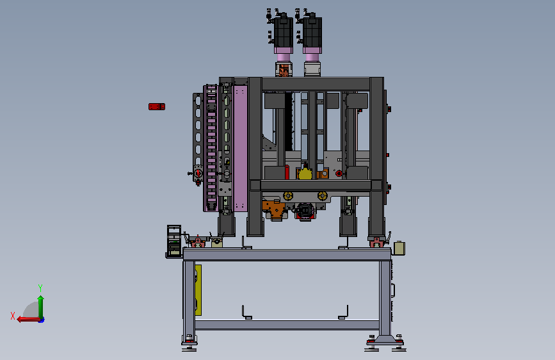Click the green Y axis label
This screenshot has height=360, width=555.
[x=40, y=288]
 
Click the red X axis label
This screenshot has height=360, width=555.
[x=13, y=316]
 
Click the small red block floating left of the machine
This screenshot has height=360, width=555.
[x=157, y=106]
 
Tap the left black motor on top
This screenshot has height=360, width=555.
[x=284, y=33]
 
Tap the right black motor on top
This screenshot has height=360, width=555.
[x=312, y=33]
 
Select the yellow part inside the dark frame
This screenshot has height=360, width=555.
[x=305, y=174]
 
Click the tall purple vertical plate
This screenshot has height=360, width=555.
[x=240, y=148]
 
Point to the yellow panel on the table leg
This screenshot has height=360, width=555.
[x=198, y=290]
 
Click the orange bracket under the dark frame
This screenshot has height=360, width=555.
[x=274, y=208]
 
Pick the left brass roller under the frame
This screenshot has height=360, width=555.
[x=288, y=195]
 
